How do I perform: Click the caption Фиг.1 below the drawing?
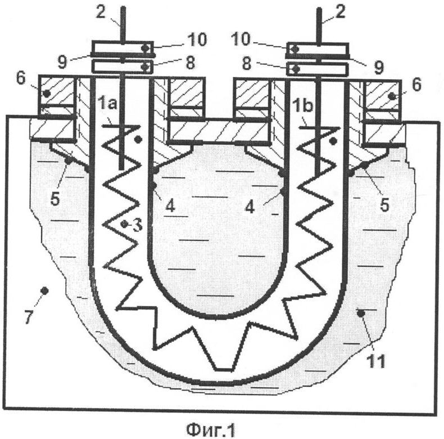(x=211, y=429)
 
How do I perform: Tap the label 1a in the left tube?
(x=107, y=104)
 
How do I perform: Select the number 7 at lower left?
(x=28, y=317)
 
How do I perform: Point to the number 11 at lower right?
(x=376, y=361)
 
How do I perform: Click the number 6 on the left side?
(x=21, y=78)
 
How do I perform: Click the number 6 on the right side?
(x=416, y=84)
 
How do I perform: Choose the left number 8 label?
(x=190, y=62)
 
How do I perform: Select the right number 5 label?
(x=384, y=205)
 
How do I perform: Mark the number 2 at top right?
(x=340, y=12)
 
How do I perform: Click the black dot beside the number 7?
(x=44, y=290)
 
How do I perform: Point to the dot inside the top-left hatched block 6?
(x=47, y=93)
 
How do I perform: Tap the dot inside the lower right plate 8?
(x=296, y=69)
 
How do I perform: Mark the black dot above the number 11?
(x=360, y=313)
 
